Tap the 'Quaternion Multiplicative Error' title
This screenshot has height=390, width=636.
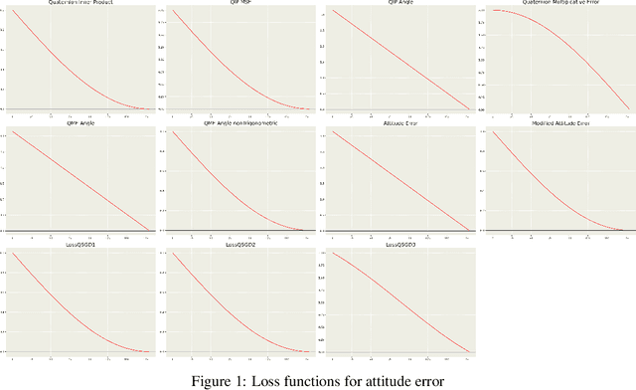558,3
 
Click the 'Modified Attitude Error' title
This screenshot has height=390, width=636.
558,124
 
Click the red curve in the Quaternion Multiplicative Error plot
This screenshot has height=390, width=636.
576,40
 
